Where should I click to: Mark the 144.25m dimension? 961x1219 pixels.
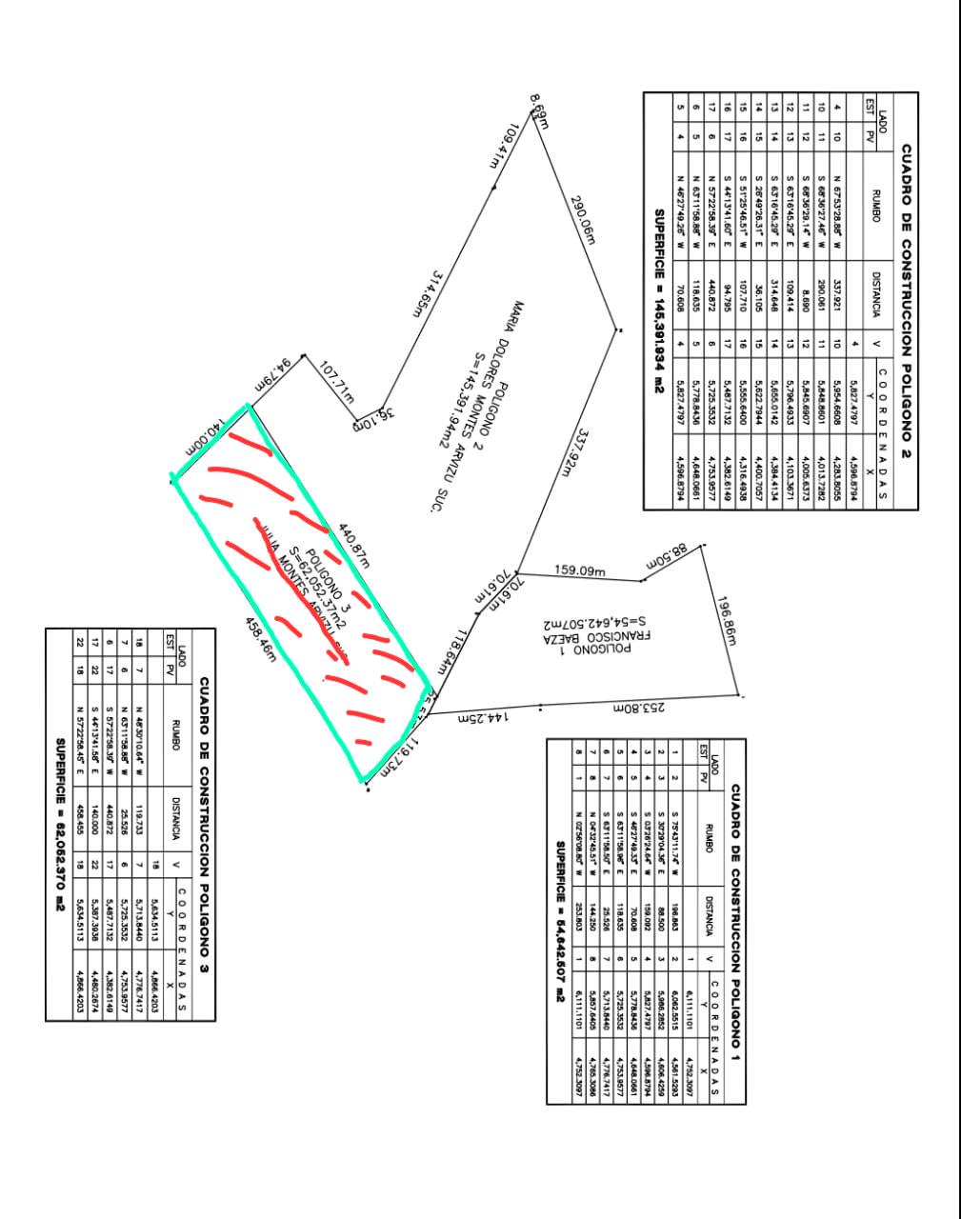pos(485,716)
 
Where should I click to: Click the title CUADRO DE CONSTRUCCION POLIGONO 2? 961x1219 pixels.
pos(904,301)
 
